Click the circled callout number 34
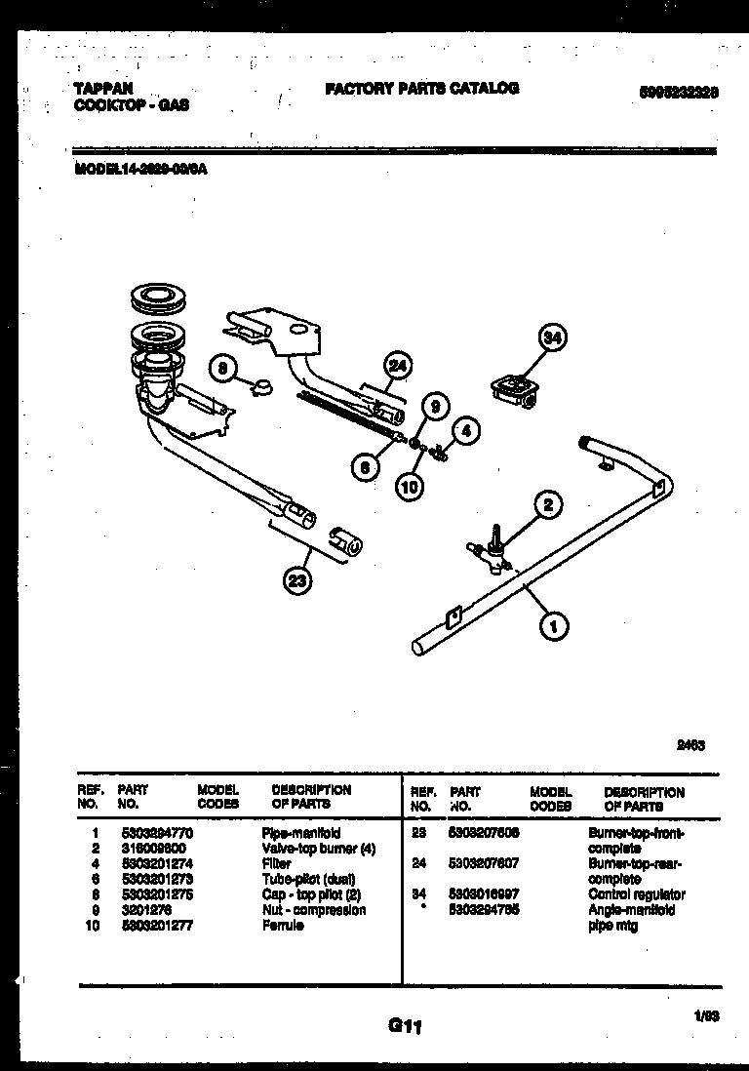tap(553, 337)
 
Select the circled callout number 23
tap(296, 581)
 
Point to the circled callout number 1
tap(555, 627)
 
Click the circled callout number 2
tap(548, 504)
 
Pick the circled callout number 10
tap(411, 485)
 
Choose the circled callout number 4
tap(467, 429)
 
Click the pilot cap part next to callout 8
tap(260, 388)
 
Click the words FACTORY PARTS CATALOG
tap(421, 88)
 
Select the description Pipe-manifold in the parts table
tap(301, 834)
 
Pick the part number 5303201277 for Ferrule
tap(155, 926)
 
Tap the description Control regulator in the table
tap(636, 894)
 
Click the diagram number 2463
tap(690, 746)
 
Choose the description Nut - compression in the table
tap(314, 910)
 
